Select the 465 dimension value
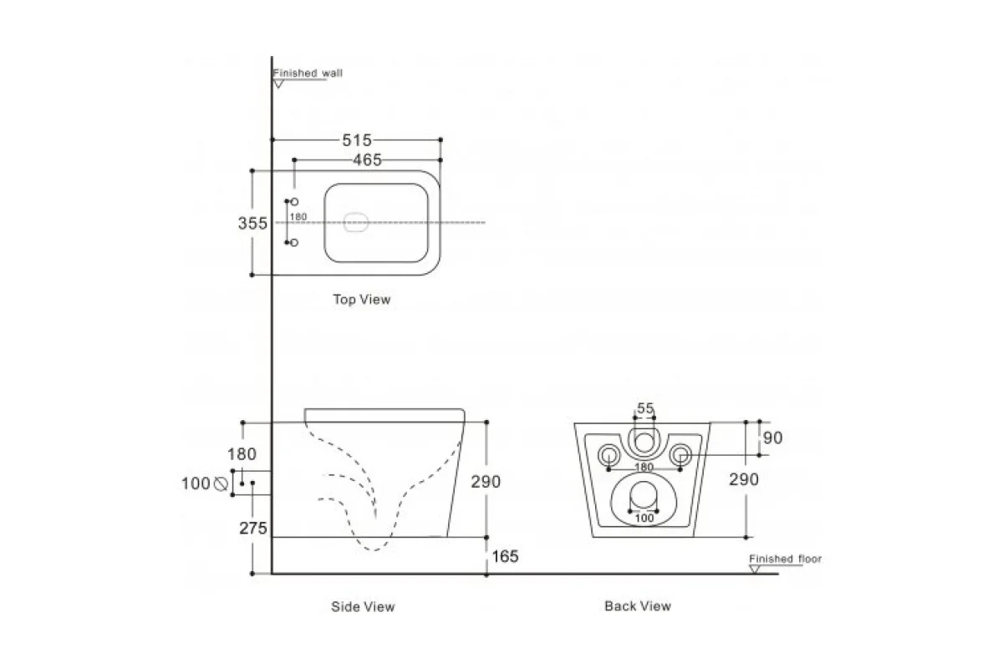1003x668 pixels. [365, 160]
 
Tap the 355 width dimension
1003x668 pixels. [252, 223]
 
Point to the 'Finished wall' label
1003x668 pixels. [308, 73]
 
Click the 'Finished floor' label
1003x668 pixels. [785, 559]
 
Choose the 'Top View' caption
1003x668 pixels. [361, 299]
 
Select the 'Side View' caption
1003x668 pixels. [363, 607]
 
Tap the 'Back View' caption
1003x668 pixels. [637, 606]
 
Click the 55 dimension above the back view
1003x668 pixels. [644, 408]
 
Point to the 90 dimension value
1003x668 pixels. [773, 438]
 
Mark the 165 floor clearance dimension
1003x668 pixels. [504, 556]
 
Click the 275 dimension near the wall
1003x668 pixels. [252, 529]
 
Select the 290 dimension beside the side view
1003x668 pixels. [485, 482]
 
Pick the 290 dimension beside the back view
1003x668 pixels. [744, 479]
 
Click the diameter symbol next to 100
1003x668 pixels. [221, 483]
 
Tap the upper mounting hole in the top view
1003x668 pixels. [294, 202]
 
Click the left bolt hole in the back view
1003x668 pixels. [608, 454]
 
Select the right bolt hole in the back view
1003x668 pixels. [681, 454]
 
